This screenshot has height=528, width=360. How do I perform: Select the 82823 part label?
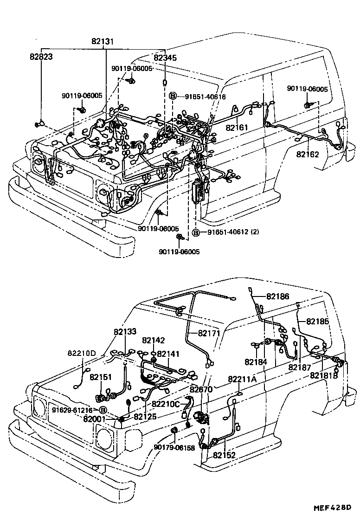[x=41, y=57]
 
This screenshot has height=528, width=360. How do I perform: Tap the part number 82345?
[x=165, y=58]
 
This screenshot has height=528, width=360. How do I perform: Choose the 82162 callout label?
[x=308, y=154]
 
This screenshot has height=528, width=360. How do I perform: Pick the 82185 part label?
[x=317, y=321]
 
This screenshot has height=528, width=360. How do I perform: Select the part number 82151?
[x=101, y=377]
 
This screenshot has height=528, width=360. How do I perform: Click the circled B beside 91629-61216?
[x=103, y=410]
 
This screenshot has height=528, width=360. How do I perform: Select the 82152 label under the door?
[x=225, y=455]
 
